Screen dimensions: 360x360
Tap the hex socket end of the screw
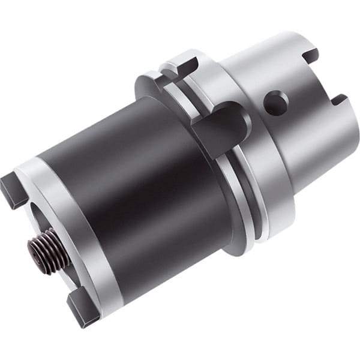(x=35, y=247)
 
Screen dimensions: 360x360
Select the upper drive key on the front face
(x=13, y=189)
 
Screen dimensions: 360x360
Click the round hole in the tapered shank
(x=275, y=103)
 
